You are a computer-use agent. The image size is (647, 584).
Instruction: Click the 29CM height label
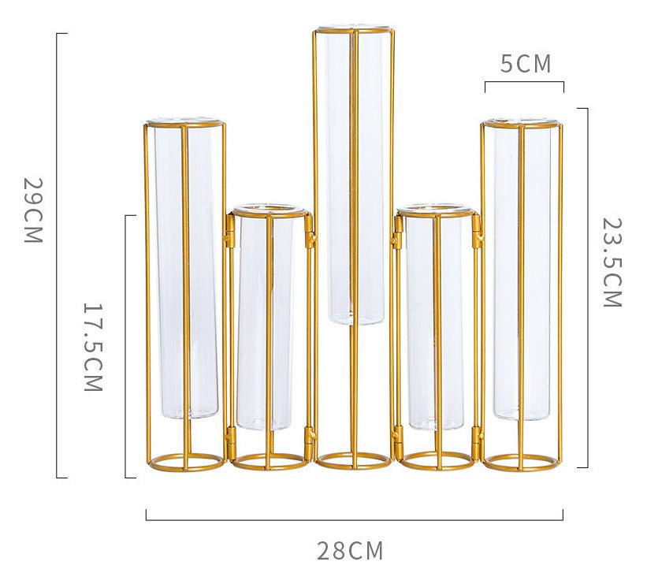tap(32, 210)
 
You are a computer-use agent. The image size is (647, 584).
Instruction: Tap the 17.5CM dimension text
tap(93, 347)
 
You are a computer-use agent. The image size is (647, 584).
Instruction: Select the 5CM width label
tap(526, 64)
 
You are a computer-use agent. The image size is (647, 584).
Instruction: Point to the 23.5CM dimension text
tap(612, 262)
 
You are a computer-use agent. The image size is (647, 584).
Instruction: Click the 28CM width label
tap(351, 551)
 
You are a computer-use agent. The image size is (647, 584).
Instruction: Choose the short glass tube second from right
tap(437, 318)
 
